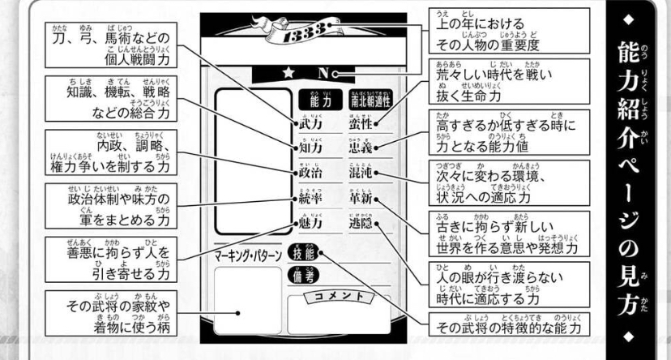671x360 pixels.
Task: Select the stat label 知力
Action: coord(311,148)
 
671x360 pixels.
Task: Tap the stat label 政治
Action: coord(311,174)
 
